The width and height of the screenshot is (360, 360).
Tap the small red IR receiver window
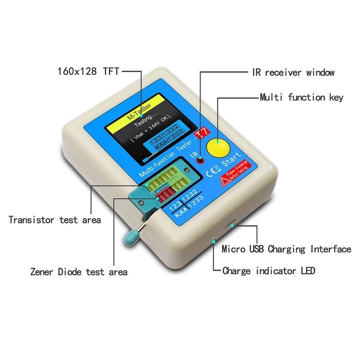coord(201,160)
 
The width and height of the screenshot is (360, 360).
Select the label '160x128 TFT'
coord(88,71)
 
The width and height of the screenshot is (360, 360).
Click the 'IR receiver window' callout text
coord(292,72)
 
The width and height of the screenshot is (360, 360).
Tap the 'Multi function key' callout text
coord(301,97)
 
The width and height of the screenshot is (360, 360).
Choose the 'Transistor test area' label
coord(54,220)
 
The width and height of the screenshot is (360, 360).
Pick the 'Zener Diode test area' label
coord(79,272)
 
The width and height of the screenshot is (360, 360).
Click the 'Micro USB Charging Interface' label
coord(286,249)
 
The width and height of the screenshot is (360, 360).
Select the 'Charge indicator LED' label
coord(269,271)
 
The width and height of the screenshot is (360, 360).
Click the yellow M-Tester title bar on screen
coord(139,111)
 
